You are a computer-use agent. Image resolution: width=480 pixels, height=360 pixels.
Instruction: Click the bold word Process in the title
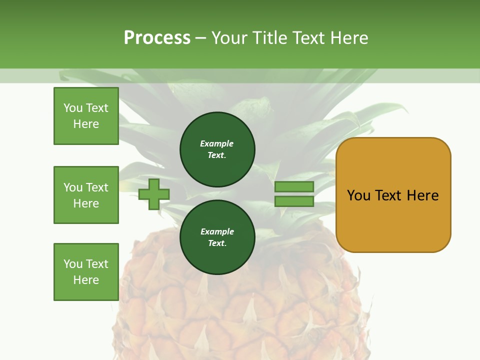pos(157,37)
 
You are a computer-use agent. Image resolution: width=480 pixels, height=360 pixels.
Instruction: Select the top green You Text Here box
pos(86,116)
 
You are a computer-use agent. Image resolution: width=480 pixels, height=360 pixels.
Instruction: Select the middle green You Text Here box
pos(86,195)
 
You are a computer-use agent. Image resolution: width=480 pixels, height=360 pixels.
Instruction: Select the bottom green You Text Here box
pos(86,272)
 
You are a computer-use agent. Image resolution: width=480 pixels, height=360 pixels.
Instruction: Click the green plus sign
pos(154,194)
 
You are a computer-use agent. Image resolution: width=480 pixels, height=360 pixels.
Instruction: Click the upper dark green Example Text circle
pos(217,149)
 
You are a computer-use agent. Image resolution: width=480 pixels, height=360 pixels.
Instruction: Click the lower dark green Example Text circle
pos(217,237)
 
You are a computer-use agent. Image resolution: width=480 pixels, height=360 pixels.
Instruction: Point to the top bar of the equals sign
pos(294,186)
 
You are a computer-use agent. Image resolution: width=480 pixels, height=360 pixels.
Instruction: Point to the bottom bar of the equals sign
pos(294,201)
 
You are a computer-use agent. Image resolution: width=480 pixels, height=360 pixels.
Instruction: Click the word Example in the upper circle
pos(217,143)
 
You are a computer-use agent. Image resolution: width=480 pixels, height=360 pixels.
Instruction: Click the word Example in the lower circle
pos(217,231)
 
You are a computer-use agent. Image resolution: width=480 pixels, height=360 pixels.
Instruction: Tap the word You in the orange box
pos(359,195)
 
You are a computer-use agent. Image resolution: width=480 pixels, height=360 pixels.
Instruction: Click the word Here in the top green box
pos(86,124)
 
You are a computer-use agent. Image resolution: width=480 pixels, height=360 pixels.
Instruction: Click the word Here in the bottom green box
pos(86,280)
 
